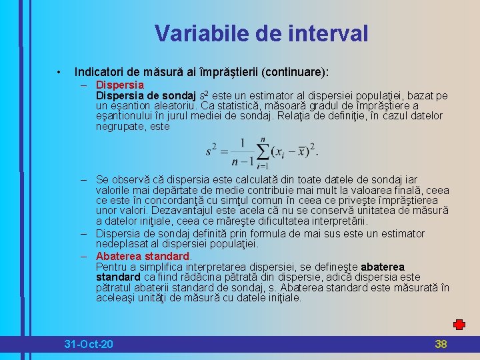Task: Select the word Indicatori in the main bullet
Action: click(99, 71)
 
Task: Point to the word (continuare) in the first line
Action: click(297, 71)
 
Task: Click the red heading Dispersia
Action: click(120, 85)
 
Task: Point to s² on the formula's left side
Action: click(212, 151)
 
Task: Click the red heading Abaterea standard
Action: click(143, 256)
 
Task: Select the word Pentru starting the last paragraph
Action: click(112, 267)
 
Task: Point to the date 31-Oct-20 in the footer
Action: click(89, 344)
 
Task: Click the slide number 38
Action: click(441, 344)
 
